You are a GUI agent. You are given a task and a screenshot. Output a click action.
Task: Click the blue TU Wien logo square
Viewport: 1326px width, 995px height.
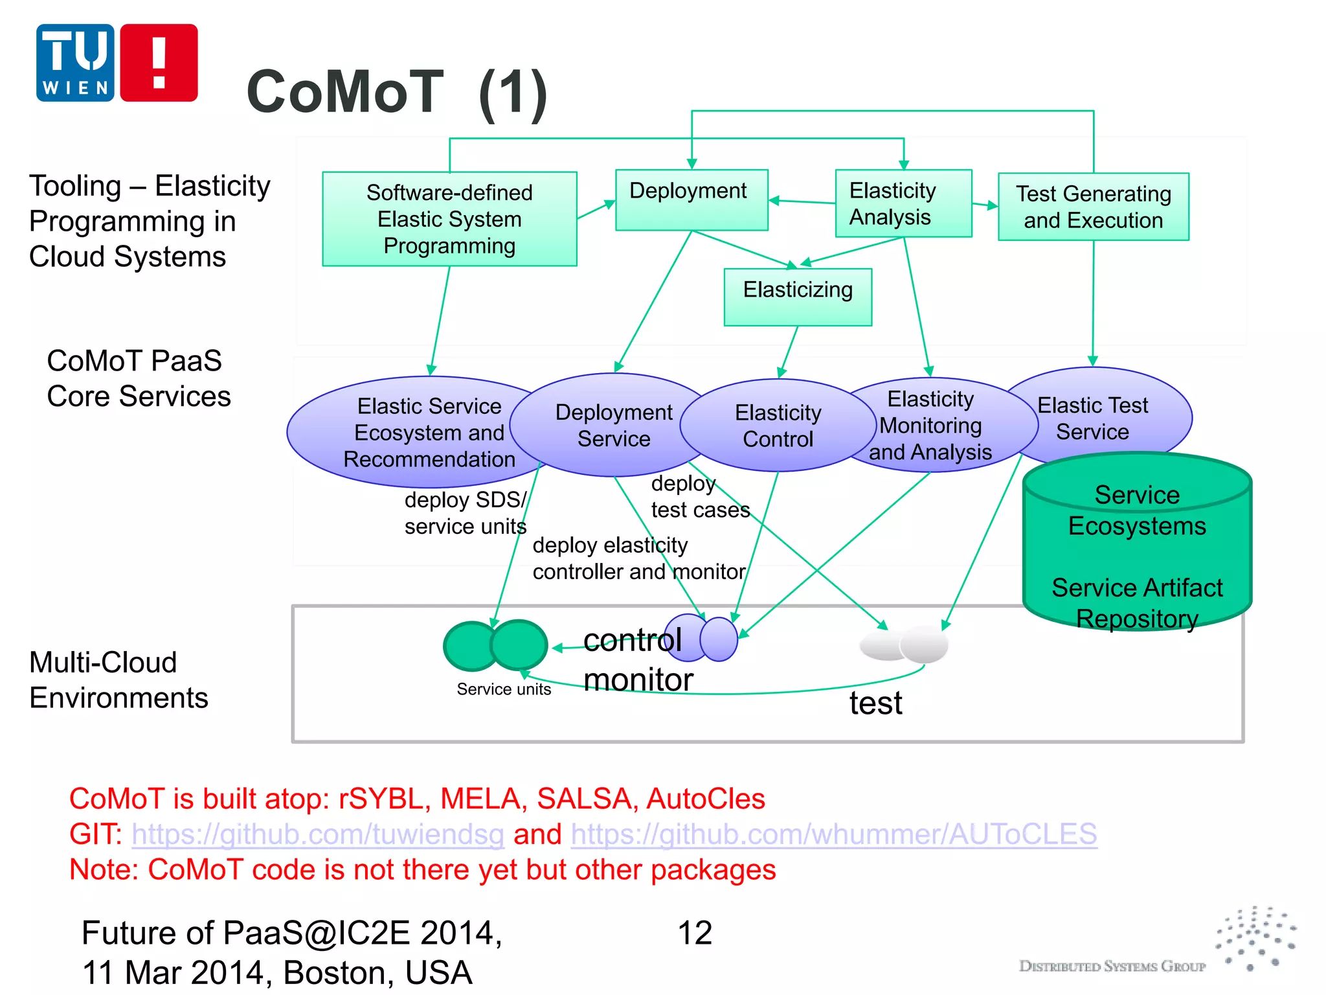coord(75,63)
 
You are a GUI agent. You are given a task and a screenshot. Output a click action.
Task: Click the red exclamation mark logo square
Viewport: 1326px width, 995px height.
coord(159,63)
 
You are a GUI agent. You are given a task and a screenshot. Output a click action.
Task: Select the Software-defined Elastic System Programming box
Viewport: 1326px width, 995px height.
coord(449,219)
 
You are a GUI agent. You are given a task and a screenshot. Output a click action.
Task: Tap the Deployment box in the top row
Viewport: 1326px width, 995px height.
coord(691,200)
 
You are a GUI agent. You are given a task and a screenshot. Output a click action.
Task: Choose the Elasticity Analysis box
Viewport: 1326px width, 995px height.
coord(903,203)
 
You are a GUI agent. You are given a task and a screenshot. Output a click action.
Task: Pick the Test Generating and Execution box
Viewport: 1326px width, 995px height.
coord(1093,207)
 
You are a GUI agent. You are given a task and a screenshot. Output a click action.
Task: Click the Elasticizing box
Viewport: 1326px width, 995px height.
coord(798,297)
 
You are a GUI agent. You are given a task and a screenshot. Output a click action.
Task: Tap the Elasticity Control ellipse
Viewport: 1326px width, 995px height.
coord(778,426)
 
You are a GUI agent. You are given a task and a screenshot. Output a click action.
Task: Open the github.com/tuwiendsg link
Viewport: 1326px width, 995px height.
coord(318,834)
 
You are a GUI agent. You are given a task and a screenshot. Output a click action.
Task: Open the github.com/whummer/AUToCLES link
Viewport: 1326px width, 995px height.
coord(834,834)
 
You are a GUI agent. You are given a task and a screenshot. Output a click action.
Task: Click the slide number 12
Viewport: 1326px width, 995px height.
coord(695,933)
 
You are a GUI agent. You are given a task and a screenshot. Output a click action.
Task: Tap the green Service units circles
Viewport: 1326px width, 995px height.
coord(495,645)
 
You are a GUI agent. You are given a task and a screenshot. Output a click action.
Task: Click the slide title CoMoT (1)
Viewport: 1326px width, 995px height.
coord(397,93)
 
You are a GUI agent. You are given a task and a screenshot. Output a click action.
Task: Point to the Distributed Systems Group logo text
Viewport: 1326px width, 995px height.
coord(1112,966)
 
